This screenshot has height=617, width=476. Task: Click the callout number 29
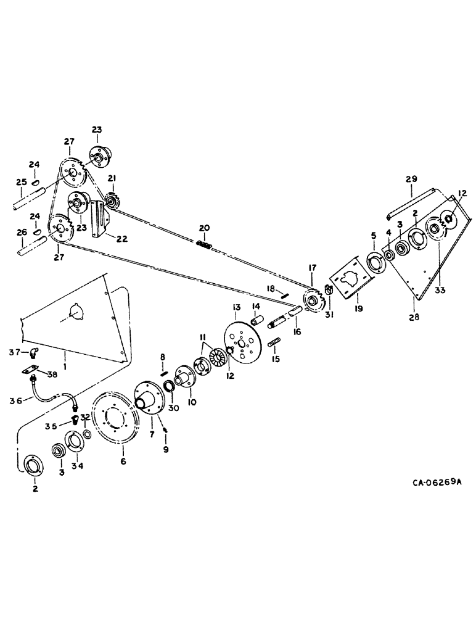[410, 178]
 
